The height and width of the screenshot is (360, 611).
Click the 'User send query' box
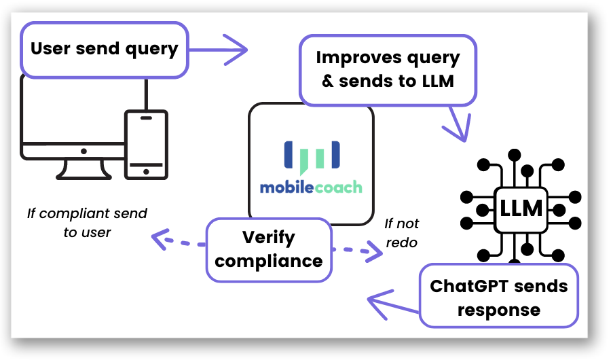105,50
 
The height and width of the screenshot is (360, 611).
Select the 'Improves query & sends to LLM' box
388,70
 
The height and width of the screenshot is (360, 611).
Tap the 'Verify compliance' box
269,249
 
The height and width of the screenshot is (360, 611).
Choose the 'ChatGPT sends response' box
499,295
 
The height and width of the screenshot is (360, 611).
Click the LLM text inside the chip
521,209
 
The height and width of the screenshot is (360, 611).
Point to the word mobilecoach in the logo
311,187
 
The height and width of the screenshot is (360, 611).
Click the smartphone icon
146,145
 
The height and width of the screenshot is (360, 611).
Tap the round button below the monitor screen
84,151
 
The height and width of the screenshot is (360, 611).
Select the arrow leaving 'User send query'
218,50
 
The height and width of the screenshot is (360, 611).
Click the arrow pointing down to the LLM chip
457,124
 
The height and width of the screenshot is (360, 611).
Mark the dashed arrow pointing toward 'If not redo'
357,251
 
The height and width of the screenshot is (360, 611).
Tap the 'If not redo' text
401,233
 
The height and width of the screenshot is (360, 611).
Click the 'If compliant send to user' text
88,223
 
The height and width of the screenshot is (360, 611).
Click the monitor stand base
84,177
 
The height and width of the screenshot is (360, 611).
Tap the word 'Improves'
354,58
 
